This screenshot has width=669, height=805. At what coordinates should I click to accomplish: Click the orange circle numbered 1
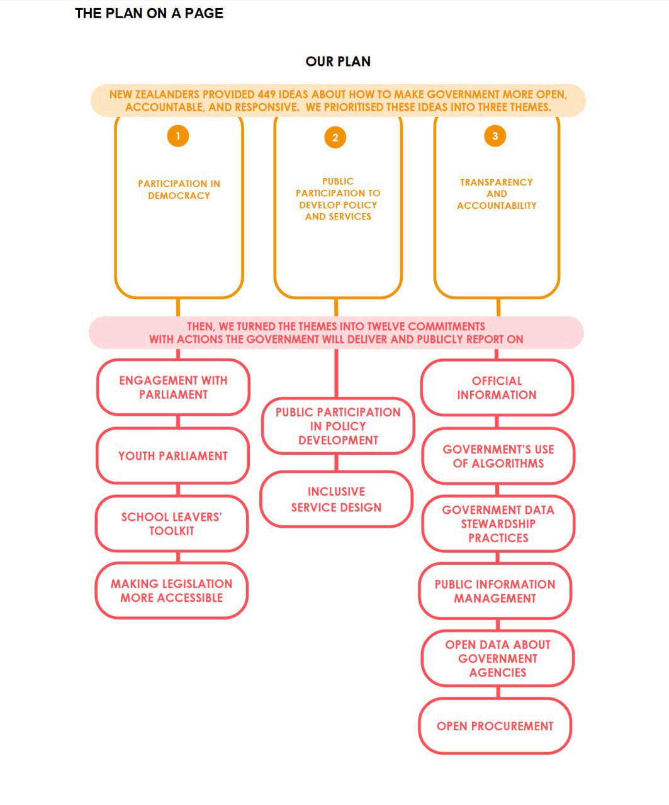pos(178,136)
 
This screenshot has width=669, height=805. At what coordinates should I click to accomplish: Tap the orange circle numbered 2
pos(335,137)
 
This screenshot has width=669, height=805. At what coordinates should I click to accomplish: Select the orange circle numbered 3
pos(495,136)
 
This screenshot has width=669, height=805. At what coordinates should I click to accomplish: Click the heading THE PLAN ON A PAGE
pos(149,13)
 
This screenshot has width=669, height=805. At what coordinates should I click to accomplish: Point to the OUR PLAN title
pos(338,61)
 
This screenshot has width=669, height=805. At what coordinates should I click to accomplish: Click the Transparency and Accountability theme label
pos(497,194)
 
